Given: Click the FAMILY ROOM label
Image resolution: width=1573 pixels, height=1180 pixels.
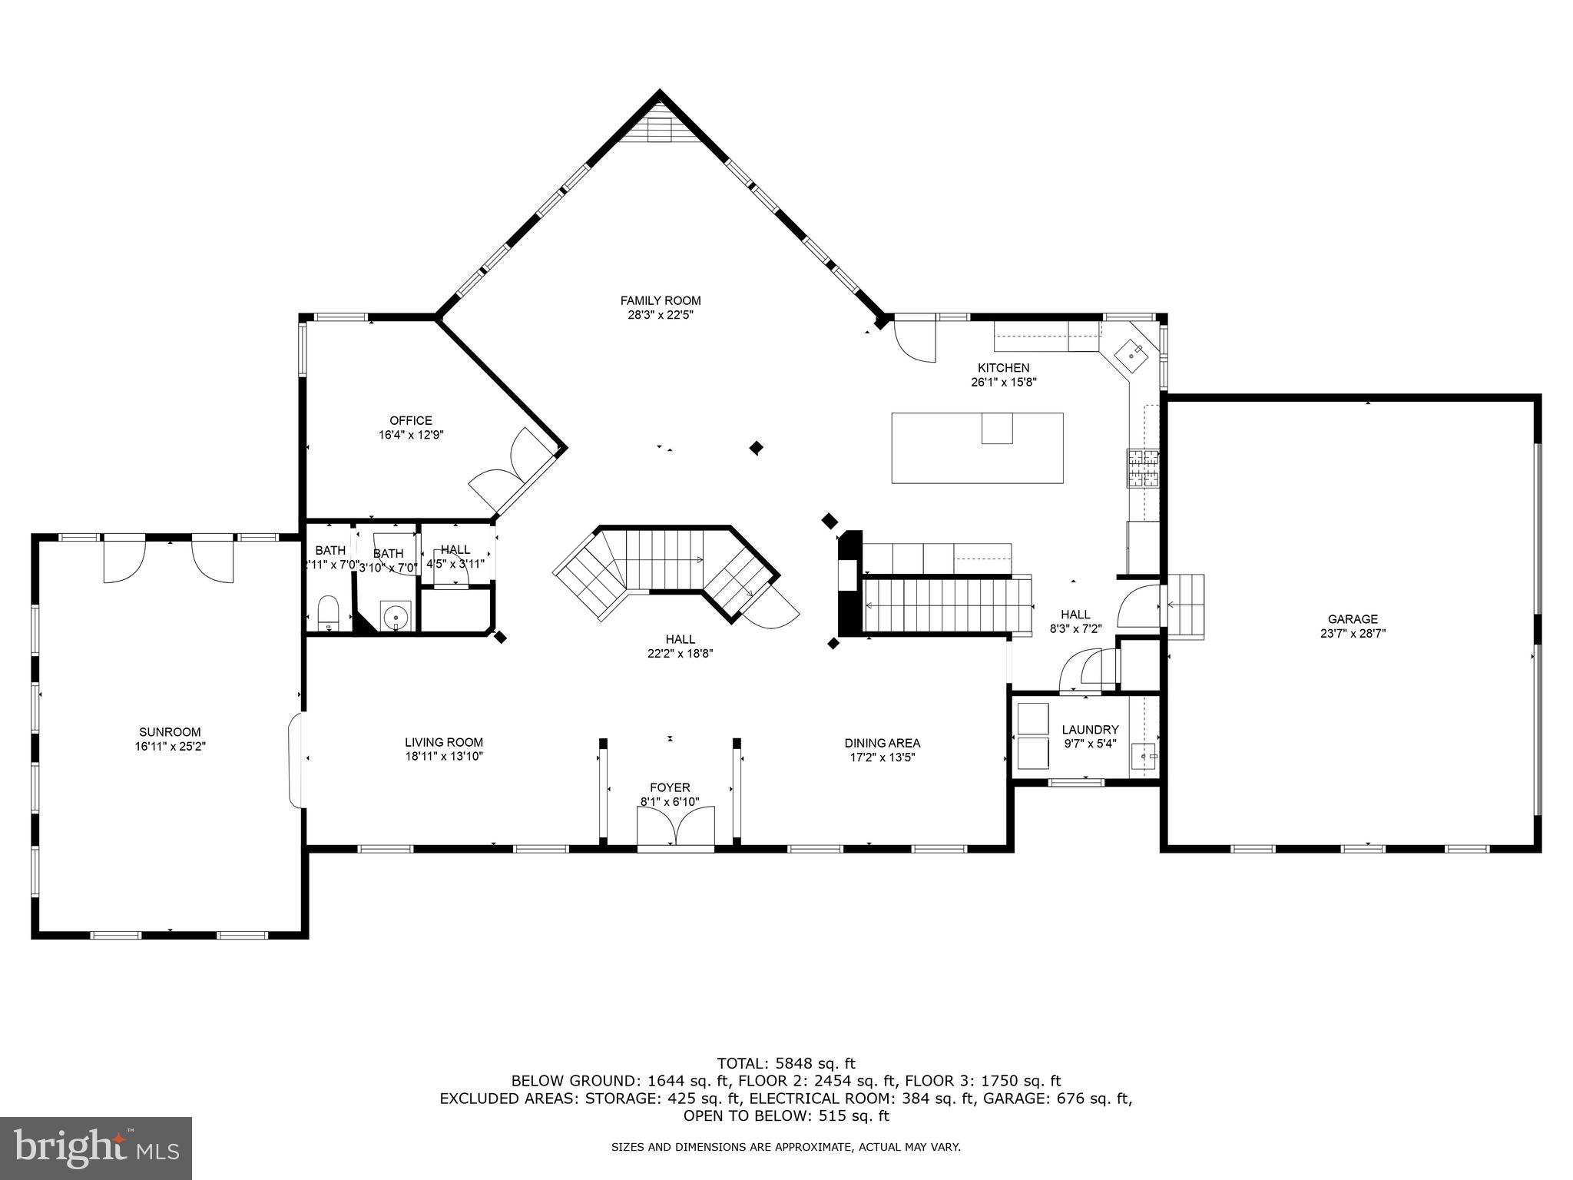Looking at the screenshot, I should (660, 300).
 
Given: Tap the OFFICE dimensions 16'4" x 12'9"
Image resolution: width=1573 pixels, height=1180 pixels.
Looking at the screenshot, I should (411, 435).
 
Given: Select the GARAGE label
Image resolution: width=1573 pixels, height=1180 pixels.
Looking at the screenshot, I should (1353, 619).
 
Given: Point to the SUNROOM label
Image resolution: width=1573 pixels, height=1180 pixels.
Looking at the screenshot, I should (170, 732).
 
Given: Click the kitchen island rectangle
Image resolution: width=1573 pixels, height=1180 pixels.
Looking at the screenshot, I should (977, 448).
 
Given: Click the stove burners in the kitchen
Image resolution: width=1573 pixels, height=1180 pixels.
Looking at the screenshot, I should (1142, 469).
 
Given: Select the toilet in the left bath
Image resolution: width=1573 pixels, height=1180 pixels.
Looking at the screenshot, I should (329, 612).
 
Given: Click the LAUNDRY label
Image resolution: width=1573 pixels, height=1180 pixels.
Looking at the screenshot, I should (1090, 730).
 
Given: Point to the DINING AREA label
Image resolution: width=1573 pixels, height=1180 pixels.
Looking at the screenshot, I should (882, 743).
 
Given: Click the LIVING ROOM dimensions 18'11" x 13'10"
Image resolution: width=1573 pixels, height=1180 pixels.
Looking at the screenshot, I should (444, 757).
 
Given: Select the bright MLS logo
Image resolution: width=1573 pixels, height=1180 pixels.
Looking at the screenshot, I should (96, 1148).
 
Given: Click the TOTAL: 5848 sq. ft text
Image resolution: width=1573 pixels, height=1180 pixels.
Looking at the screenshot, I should (786, 1064).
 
